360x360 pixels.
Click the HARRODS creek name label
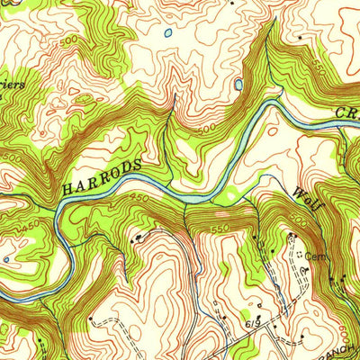[x=102, y=177]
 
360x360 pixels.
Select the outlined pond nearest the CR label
[x=238, y=85]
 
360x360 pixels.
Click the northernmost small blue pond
[x=168, y=33]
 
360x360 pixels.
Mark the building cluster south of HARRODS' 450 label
[x=137, y=238]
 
